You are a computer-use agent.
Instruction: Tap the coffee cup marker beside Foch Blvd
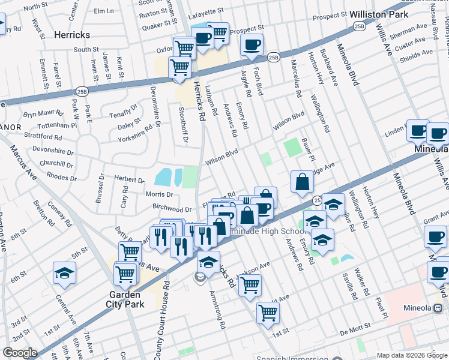coord(252,44)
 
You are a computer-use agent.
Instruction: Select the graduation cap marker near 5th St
coord(64,272)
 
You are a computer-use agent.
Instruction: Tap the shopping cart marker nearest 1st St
coord(268,311)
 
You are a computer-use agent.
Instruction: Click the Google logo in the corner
coord(20,353)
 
